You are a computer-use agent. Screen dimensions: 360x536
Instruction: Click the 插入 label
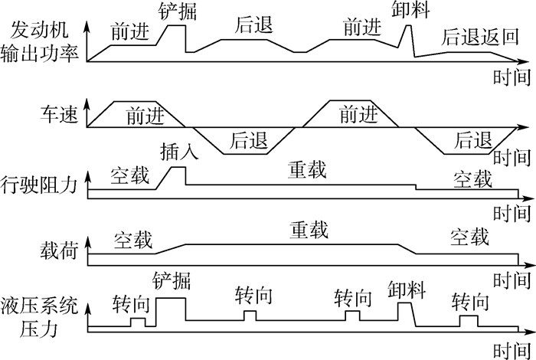[x=181, y=152]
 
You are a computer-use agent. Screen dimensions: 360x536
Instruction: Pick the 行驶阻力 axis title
[x=43, y=185]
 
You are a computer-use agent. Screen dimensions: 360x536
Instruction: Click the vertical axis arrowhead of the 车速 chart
[x=90, y=103]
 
